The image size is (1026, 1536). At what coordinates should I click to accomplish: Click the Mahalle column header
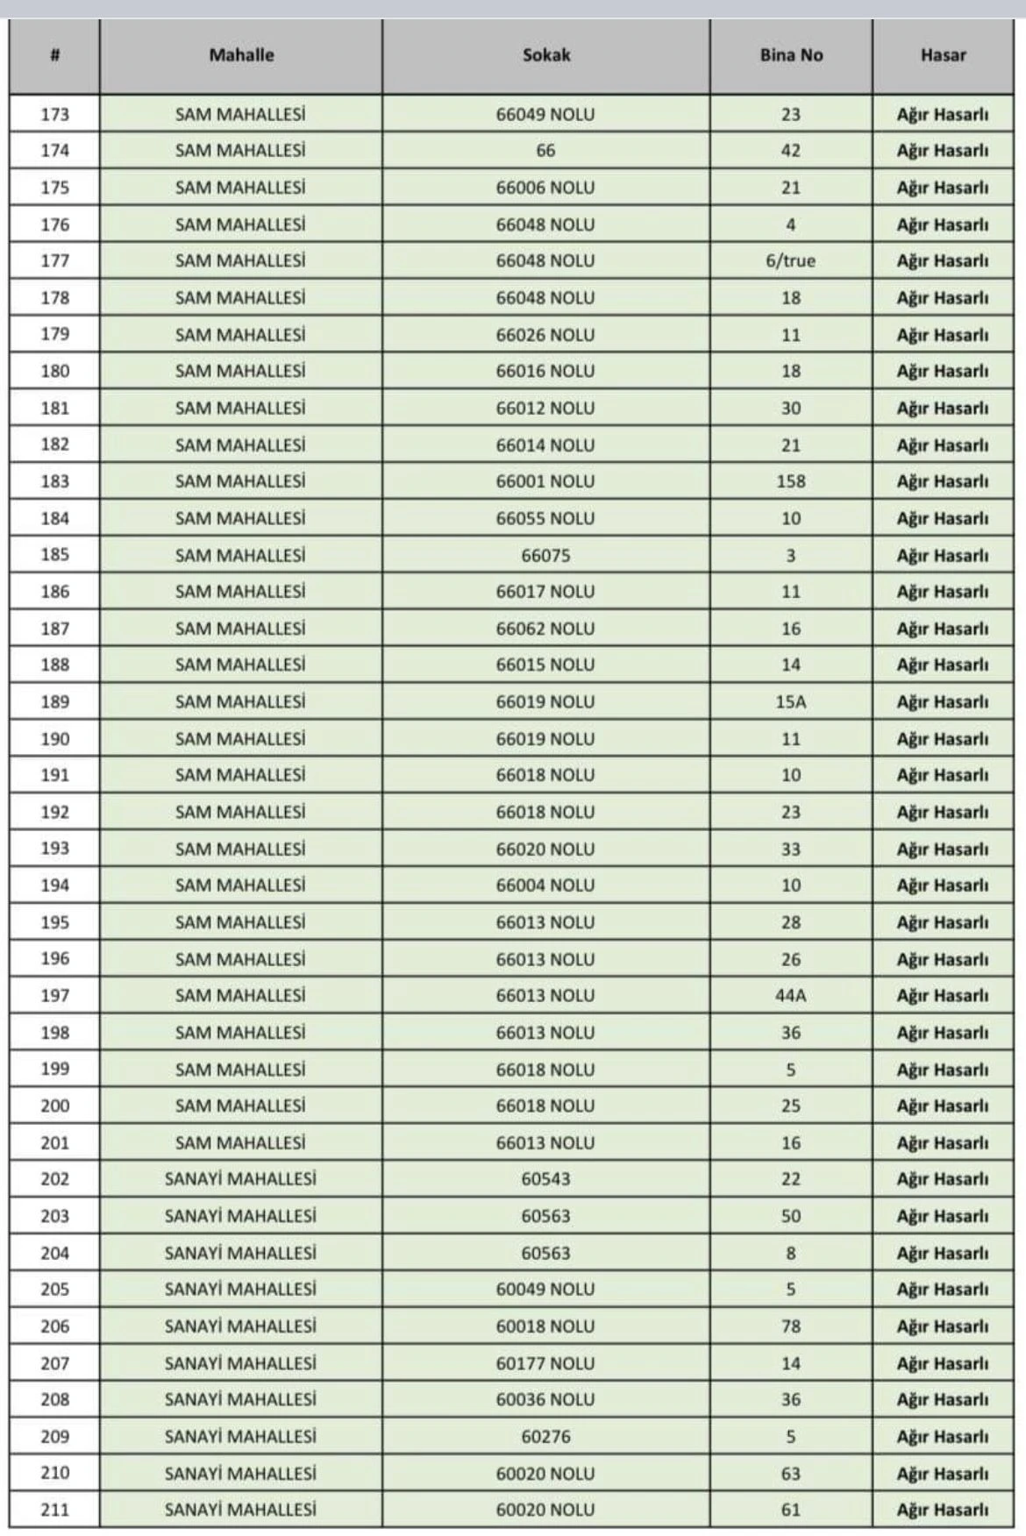(x=241, y=55)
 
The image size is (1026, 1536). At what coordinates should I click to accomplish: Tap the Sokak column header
(x=545, y=55)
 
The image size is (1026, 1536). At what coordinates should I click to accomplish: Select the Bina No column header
(x=791, y=55)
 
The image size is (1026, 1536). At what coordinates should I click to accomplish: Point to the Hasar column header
(x=943, y=55)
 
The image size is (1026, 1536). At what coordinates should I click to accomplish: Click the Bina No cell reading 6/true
(x=791, y=261)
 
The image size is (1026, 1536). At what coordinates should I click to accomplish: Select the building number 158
(x=791, y=481)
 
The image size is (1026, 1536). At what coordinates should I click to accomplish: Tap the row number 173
(x=54, y=115)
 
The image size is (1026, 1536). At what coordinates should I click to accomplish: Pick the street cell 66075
(x=545, y=555)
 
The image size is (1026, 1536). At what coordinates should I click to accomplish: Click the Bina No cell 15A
(x=791, y=702)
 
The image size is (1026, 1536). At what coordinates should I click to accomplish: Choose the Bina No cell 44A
(x=791, y=996)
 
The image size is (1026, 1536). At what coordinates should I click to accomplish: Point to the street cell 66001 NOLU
(x=545, y=481)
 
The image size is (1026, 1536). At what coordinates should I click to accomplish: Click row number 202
(x=54, y=1179)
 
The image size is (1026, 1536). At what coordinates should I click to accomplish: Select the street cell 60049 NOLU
(x=545, y=1290)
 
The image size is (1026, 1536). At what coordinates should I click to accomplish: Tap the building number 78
(x=791, y=1326)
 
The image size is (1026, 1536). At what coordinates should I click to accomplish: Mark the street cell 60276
(x=545, y=1436)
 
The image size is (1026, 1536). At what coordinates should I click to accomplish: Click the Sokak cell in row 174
(x=545, y=151)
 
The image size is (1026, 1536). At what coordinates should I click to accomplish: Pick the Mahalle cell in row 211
(x=240, y=1510)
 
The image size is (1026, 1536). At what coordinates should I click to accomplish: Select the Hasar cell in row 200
(x=943, y=1106)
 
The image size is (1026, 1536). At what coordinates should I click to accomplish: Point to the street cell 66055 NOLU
(x=545, y=518)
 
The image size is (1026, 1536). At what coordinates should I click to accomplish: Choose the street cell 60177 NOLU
(x=545, y=1363)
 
